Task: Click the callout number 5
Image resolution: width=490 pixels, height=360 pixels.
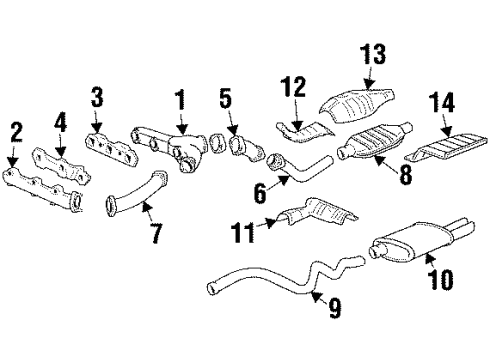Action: [x=226, y=98]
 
